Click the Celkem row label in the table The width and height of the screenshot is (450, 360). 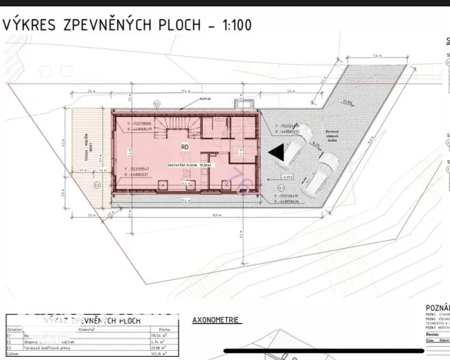13,353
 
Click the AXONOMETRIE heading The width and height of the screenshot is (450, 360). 217,318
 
